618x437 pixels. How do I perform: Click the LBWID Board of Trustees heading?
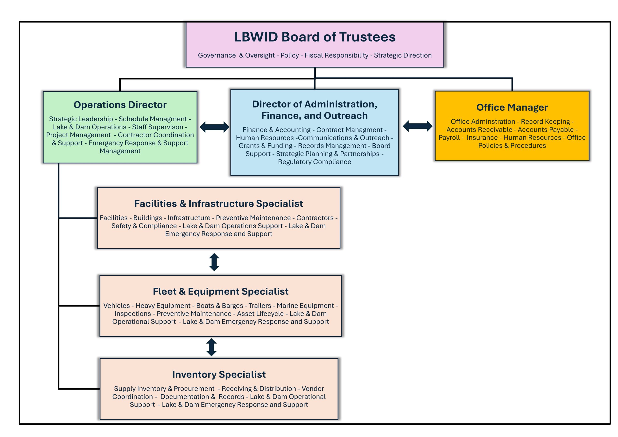pos(315,37)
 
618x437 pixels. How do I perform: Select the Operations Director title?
pos(120,105)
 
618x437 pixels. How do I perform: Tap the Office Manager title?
pos(512,107)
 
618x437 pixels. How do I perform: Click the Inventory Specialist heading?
pos(219,374)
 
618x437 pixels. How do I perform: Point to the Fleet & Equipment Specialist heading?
pos(220,291)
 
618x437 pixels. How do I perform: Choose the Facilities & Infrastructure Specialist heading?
pos(218,203)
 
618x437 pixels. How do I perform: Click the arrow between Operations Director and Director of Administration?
pos(215,127)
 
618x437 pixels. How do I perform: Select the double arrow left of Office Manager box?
pos(417,126)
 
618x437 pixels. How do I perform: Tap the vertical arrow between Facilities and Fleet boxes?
pos(214,262)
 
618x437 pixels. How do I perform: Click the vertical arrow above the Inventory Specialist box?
pos(211,347)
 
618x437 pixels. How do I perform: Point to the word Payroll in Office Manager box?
pos(449,138)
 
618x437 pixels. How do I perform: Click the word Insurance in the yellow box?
pos(482,137)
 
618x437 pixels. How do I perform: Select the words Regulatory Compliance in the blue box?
pos(314,162)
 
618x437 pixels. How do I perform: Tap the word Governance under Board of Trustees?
pos(217,55)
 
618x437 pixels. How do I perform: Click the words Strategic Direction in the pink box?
pos(403,55)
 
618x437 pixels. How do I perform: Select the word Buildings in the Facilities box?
pos(147,218)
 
